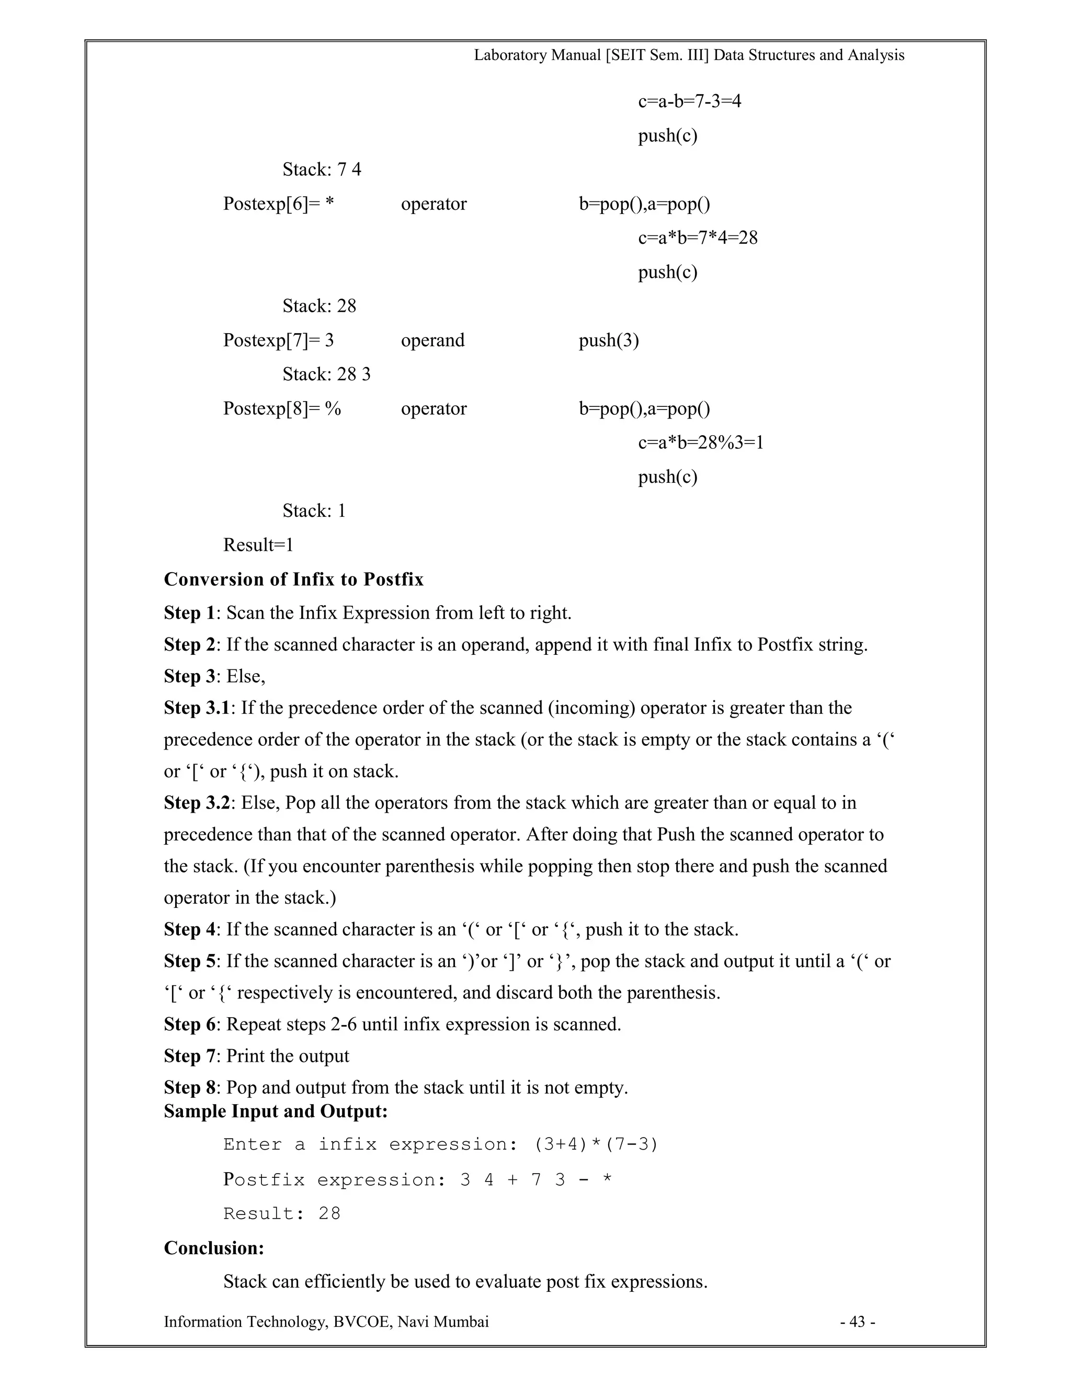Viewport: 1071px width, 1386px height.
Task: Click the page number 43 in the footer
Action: pyautogui.click(x=857, y=1321)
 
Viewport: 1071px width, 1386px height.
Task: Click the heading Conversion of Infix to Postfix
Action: pyautogui.click(x=293, y=580)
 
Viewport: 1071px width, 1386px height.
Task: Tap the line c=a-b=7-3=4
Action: pyautogui.click(x=689, y=101)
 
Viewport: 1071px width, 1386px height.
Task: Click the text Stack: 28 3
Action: pyautogui.click(x=326, y=374)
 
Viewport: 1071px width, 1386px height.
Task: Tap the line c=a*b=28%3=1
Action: pyautogui.click(x=700, y=442)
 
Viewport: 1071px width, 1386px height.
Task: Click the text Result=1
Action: pyautogui.click(x=258, y=544)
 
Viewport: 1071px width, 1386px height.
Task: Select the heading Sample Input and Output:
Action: pyautogui.click(x=276, y=1111)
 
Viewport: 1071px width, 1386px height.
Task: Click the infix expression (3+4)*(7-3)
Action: pyautogui.click(x=596, y=1144)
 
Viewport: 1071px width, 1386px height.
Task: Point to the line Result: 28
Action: pyautogui.click(x=282, y=1213)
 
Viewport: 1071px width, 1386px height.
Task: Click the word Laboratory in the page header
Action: pyautogui.click(x=511, y=55)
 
